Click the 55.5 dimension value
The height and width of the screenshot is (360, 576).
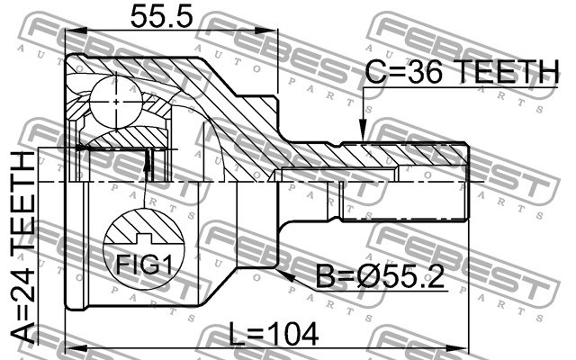(161, 17)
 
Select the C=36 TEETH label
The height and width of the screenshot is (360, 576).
(462, 71)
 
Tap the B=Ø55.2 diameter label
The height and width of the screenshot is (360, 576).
(380, 276)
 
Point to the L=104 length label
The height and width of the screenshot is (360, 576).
(274, 334)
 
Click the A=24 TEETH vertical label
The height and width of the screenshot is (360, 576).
(22, 247)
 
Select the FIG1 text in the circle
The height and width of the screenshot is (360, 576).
(144, 264)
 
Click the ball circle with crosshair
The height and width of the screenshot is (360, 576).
(116, 102)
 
